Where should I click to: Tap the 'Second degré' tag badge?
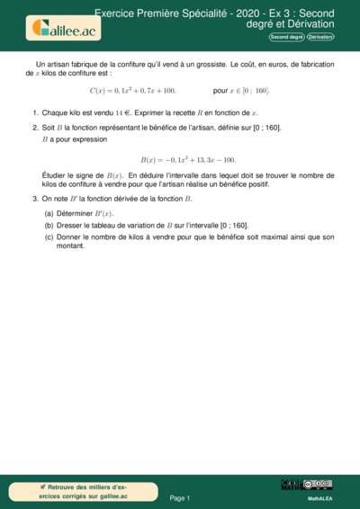286,36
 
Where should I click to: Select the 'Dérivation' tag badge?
319,36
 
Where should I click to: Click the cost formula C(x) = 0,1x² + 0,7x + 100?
133,91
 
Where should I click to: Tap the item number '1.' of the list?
35,112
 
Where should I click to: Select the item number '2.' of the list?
35,128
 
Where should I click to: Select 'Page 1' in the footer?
180,497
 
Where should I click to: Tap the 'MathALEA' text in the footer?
319,497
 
